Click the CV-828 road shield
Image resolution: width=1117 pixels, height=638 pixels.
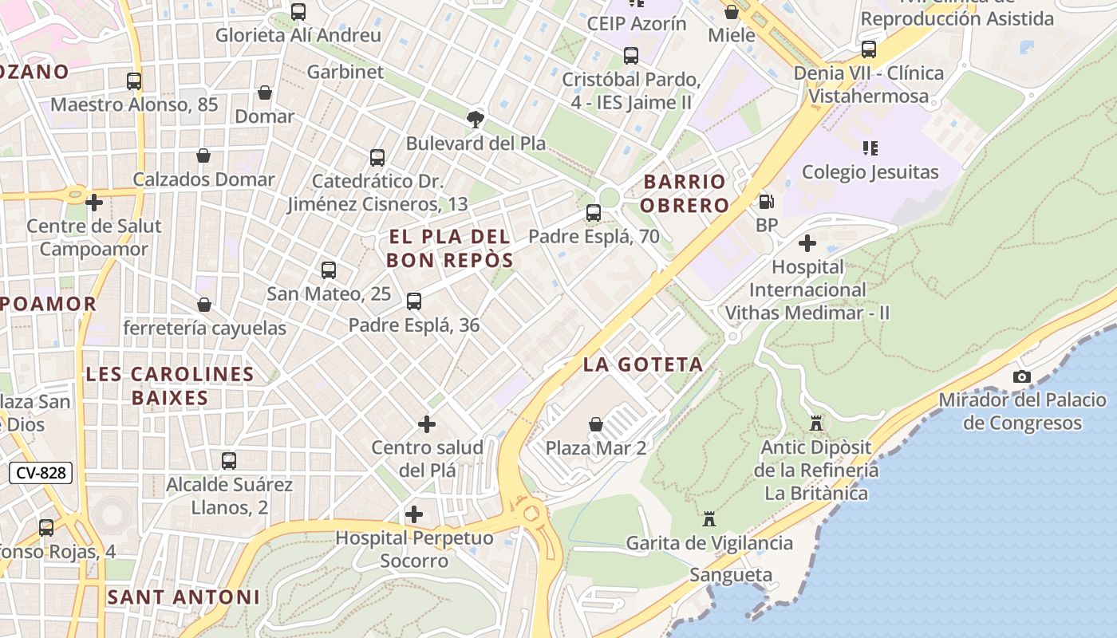(41, 473)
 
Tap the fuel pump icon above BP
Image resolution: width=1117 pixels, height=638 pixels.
(766, 202)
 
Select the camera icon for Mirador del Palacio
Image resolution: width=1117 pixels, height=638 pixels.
(1022, 376)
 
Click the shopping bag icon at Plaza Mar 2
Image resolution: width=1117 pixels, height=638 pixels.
(596, 424)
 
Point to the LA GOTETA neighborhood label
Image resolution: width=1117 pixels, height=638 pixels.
(643, 364)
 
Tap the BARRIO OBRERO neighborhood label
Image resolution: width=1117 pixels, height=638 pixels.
(685, 194)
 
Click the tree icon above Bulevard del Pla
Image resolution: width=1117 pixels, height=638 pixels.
(476, 120)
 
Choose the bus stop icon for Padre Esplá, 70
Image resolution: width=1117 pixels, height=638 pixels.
(594, 213)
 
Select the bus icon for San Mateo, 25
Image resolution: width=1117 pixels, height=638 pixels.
(329, 270)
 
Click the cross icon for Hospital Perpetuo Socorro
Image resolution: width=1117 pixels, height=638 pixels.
(414, 514)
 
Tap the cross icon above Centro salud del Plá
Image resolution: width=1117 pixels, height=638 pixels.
(427, 424)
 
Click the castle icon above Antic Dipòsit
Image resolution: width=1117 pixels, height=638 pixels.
(815, 423)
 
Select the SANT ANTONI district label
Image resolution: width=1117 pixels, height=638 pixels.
(184, 597)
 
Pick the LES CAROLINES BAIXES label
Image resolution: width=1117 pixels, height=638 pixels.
(169, 385)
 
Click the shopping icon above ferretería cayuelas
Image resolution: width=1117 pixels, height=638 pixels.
(204, 305)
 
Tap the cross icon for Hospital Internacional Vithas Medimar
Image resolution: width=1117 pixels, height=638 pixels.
(807, 242)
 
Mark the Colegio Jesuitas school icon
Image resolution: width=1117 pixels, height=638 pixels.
(870, 148)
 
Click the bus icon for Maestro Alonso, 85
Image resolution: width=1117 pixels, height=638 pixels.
(134, 81)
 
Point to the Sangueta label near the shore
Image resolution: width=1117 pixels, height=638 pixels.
(731, 575)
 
